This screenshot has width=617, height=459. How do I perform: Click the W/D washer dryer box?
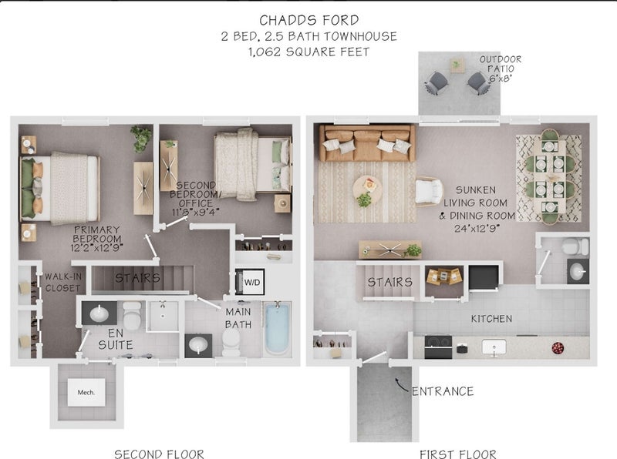click(250, 282)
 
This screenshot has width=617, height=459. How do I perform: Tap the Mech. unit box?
click(86, 392)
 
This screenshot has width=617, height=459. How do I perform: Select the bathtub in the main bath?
click(277, 329)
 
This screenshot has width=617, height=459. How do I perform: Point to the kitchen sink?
click(494, 347)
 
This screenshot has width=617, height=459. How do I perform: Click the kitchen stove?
click(438, 346)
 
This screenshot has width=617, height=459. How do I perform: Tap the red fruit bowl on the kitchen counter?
click(558, 348)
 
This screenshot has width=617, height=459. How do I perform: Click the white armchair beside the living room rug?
click(429, 192)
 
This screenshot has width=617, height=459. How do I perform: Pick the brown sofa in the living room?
click(367, 143)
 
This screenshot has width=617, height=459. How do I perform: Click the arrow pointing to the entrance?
click(401, 385)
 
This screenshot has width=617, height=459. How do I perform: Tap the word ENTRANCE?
click(443, 391)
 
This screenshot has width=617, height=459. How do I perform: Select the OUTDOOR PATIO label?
click(501, 69)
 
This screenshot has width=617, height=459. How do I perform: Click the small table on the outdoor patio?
click(457, 65)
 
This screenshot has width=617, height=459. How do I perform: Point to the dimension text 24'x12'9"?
click(477, 228)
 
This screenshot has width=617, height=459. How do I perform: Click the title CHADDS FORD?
click(309, 20)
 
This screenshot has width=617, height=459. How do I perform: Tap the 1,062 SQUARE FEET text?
click(309, 52)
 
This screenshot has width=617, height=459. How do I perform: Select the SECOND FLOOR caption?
click(159, 454)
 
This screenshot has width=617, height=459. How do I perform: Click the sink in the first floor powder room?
click(578, 271)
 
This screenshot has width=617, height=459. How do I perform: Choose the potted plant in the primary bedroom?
click(141, 139)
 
